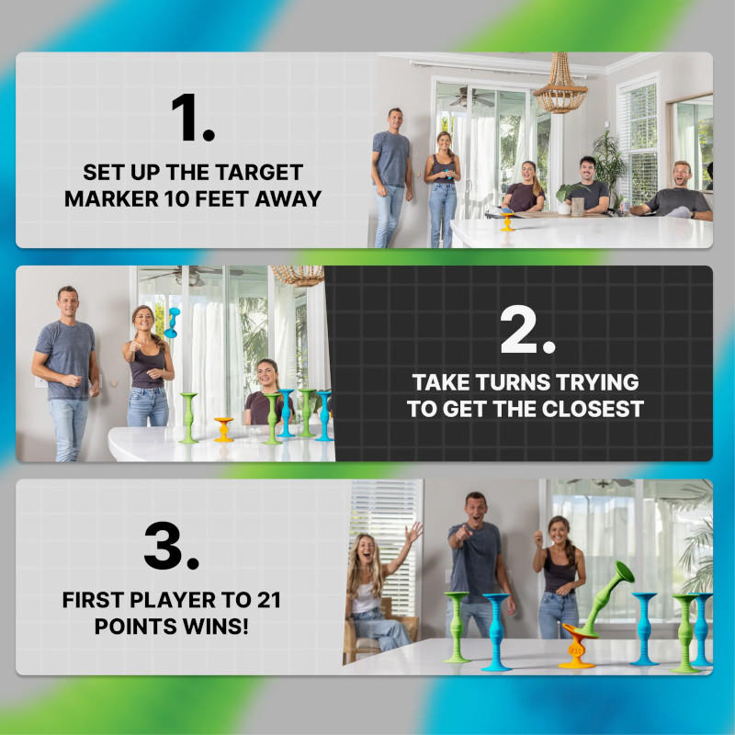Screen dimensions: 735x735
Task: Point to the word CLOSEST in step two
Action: [x=593, y=409]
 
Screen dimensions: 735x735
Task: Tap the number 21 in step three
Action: [x=268, y=600]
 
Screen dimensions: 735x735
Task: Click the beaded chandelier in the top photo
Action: [x=560, y=84]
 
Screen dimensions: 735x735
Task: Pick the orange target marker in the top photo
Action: [x=507, y=222]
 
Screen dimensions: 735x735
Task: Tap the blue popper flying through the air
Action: [x=172, y=322]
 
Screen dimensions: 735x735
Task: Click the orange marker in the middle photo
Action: [x=223, y=430]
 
